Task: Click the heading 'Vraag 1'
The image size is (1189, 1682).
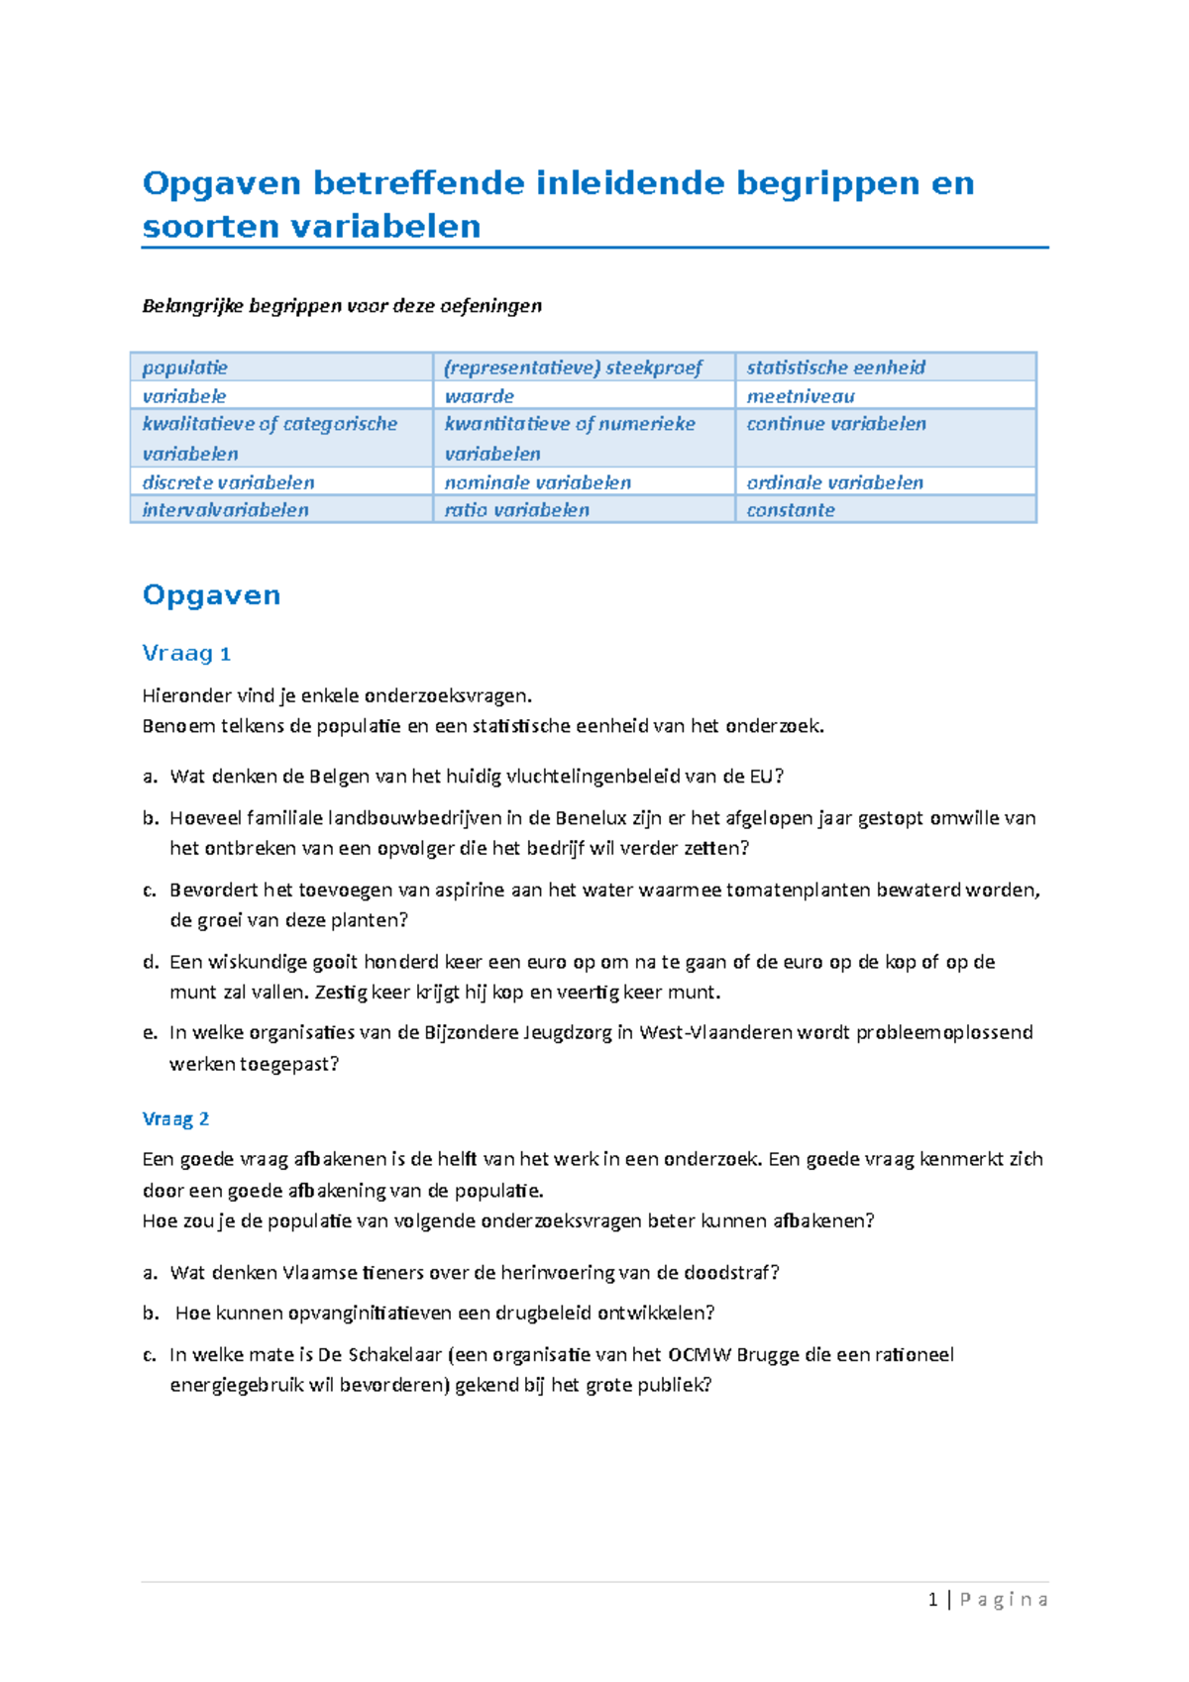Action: (186, 654)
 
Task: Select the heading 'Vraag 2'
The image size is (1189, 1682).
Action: (175, 1119)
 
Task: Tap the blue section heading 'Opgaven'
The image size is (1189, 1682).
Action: (211, 595)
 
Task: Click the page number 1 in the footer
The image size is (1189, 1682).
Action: (932, 1600)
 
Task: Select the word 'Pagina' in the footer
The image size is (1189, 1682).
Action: (1003, 1600)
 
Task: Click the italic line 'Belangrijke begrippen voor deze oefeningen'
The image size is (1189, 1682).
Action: (342, 306)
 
